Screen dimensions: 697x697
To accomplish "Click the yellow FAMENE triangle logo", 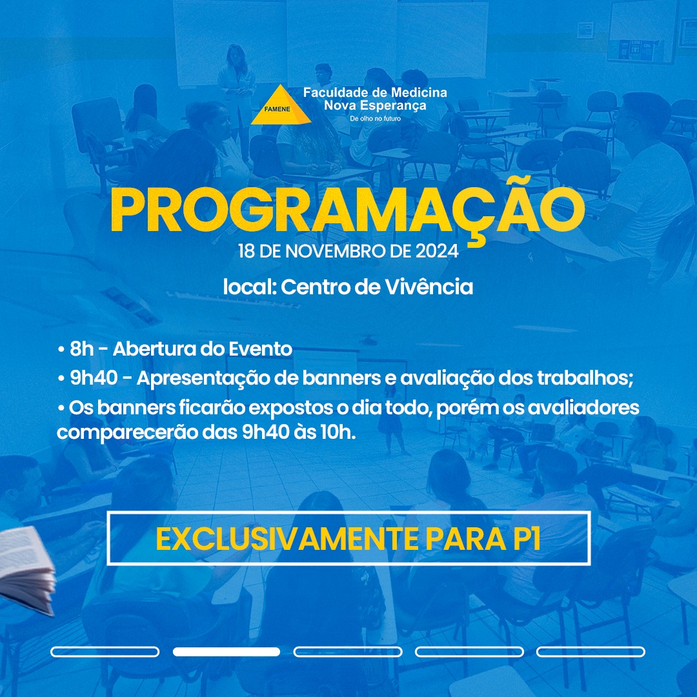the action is [x=281, y=105].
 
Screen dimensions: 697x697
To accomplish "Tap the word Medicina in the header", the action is [x=419, y=92].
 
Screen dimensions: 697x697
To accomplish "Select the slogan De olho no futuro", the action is [x=375, y=119].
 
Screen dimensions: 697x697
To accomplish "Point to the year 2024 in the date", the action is [x=437, y=251].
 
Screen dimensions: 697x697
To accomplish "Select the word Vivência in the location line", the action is [x=429, y=287].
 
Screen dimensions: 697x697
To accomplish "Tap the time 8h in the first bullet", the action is [x=82, y=349].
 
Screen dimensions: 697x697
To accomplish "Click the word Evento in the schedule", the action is [x=260, y=349].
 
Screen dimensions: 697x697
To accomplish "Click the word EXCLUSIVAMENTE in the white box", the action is [x=287, y=539].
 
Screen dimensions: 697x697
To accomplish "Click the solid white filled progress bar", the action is [x=227, y=652].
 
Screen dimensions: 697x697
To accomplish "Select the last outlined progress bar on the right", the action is [x=591, y=652].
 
